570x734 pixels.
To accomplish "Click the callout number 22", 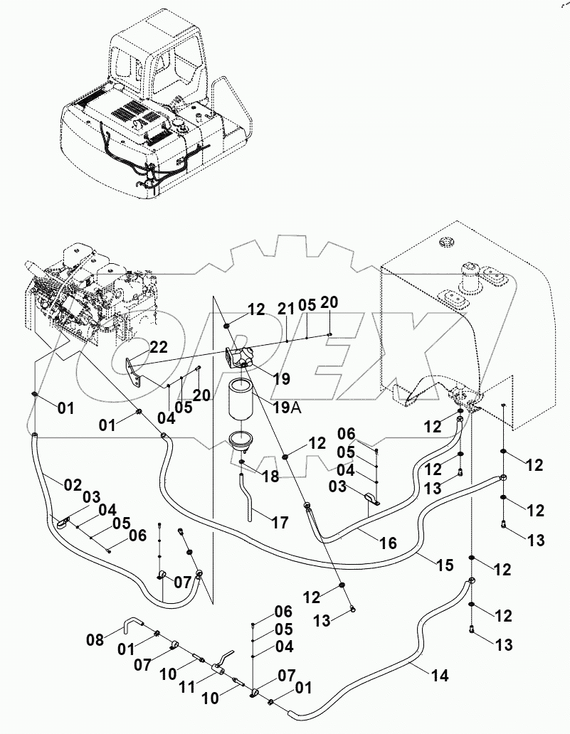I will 158,346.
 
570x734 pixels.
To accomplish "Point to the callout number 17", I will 280,523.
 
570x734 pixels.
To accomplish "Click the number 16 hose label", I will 387,543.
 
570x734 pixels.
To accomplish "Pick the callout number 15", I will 444,565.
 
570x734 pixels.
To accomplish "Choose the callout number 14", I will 440,676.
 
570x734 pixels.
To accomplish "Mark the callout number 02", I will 73,485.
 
